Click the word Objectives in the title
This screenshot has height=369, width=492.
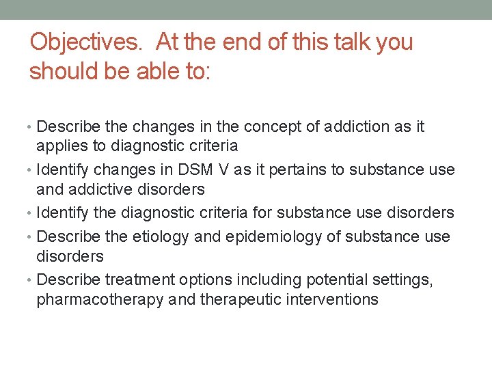[x=85, y=42]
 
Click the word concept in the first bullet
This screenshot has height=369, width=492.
[x=249, y=126]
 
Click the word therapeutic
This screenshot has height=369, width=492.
[x=241, y=299]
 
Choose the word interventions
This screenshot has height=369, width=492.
[x=332, y=299]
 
